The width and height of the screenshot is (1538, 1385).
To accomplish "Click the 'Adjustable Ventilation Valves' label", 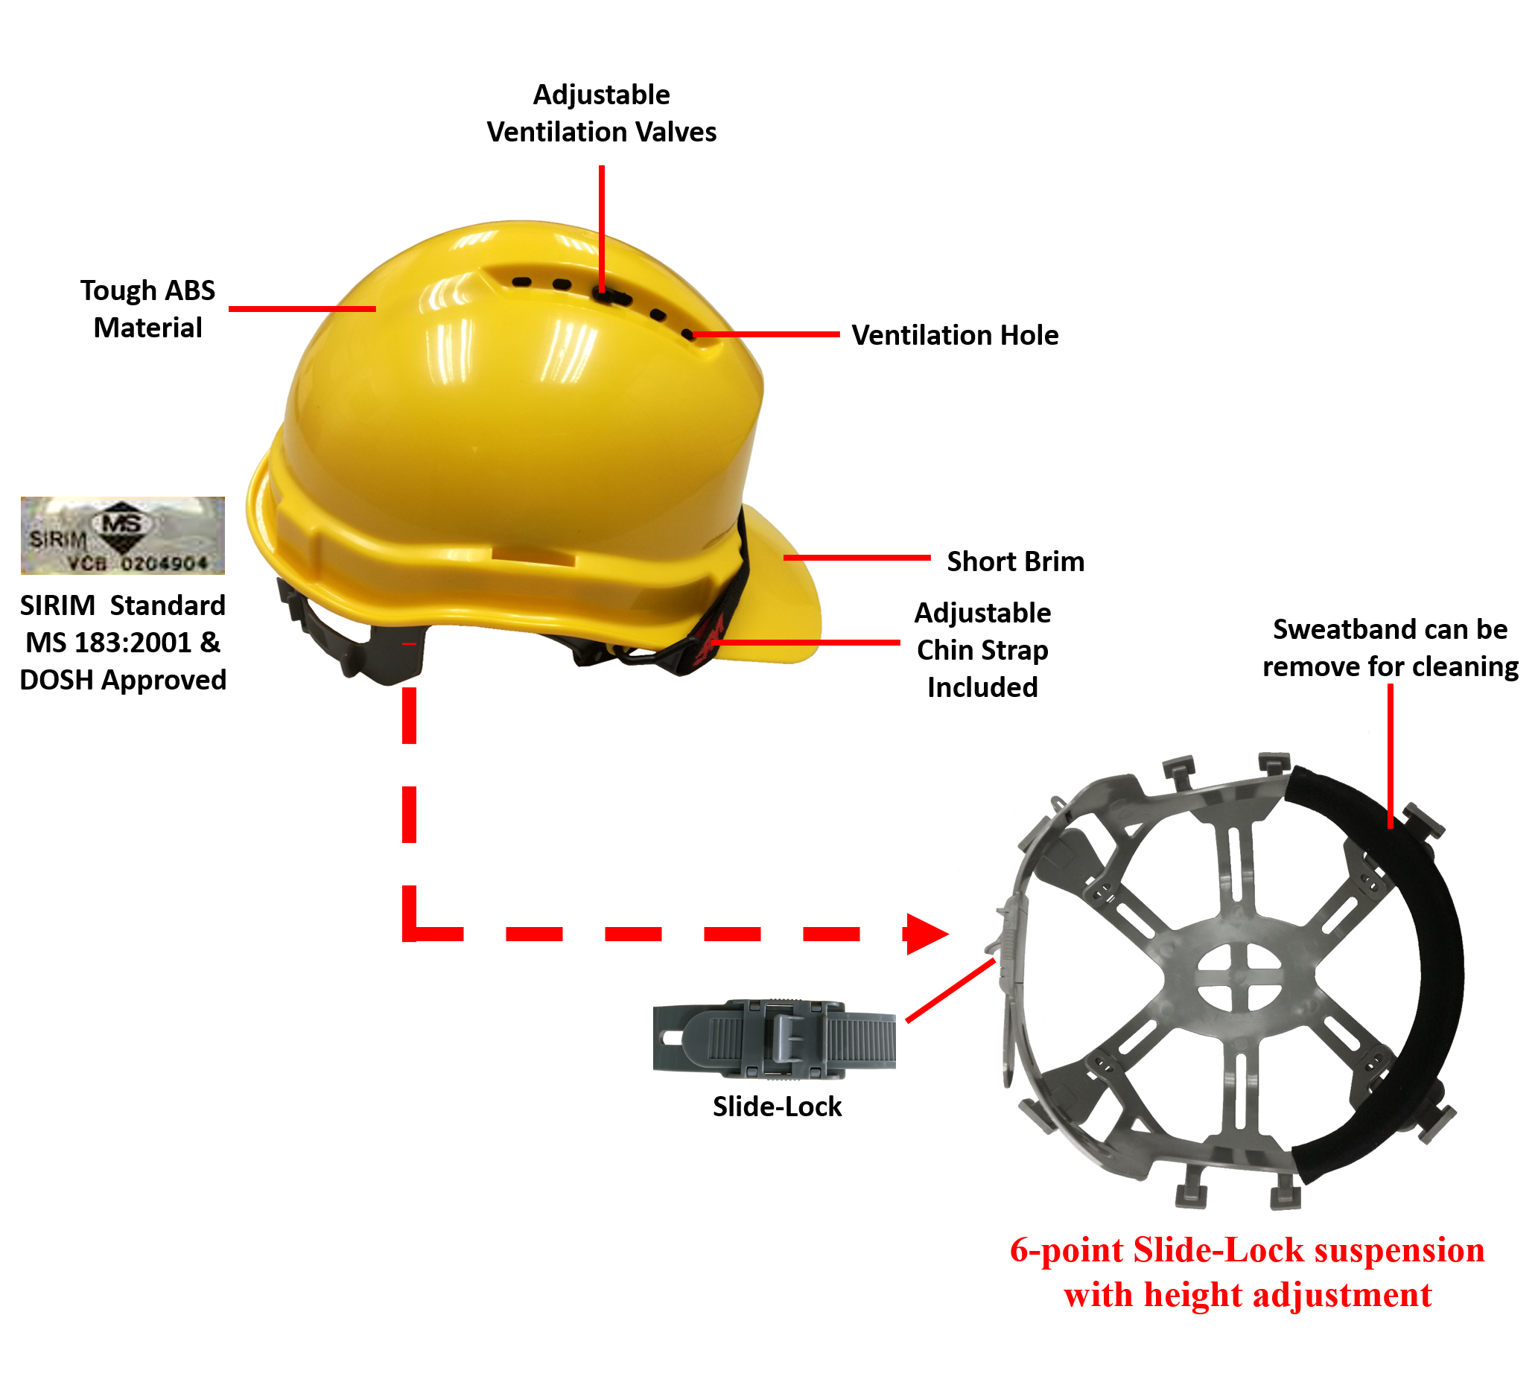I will (x=601, y=113).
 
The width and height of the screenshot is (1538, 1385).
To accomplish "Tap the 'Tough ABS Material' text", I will (x=147, y=309).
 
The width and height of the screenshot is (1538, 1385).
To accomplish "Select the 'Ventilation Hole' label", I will (x=954, y=335).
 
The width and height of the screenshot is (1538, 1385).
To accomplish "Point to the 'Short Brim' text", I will (x=1015, y=561).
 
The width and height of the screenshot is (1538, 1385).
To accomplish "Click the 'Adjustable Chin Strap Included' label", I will (x=982, y=650).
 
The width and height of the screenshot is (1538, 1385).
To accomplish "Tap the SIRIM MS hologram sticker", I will (x=123, y=535).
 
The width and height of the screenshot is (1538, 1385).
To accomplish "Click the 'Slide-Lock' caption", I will (x=777, y=1107).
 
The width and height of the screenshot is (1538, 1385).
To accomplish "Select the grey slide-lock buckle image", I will (x=774, y=1039).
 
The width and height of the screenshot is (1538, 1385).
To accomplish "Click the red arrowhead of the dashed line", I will (x=924, y=934).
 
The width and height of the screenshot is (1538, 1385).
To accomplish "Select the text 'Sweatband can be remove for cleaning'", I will (x=1390, y=648).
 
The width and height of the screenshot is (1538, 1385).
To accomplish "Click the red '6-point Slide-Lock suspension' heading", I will (x=1247, y=1250).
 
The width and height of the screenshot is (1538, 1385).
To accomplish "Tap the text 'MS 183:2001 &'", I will (x=123, y=643).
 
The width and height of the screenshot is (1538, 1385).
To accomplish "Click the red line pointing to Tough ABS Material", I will (x=302, y=309).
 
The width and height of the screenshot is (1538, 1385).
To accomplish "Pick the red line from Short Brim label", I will (x=856, y=558).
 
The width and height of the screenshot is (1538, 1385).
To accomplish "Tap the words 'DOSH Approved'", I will (x=123, y=681).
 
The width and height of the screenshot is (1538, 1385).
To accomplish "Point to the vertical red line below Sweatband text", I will (x=1390, y=754).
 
